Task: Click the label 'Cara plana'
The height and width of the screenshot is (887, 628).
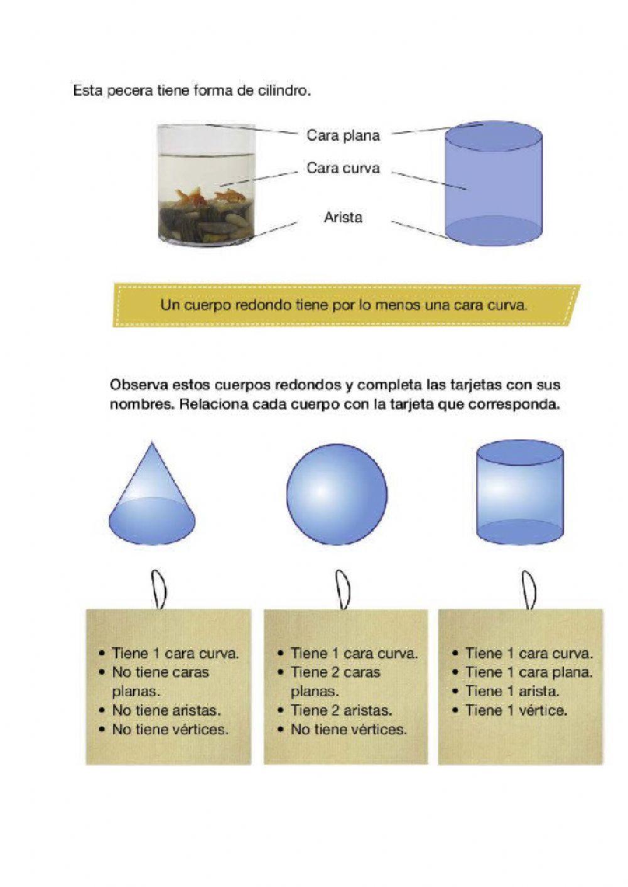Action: click(x=343, y=135)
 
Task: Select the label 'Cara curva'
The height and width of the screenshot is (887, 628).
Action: click(x=343, y=168)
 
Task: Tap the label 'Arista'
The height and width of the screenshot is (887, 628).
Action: click(x=343, y=218)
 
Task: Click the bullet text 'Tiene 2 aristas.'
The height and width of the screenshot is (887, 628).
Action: click(x=341, y=711)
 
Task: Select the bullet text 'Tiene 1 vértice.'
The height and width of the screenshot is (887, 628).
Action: click(x=516, y=711)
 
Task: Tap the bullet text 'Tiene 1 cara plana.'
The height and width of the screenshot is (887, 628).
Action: click(x=529, y=672)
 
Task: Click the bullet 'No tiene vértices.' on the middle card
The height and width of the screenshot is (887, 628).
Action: click(x=349, y=729)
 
